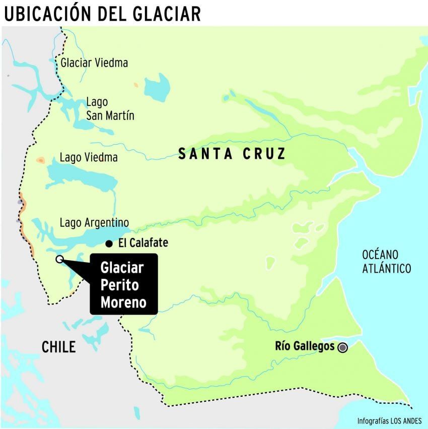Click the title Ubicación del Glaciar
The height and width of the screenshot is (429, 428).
[102, 13]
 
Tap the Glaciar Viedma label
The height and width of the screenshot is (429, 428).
[94, 63]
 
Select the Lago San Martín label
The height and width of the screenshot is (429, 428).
[110, 108]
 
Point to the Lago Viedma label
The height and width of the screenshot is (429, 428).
[89, 157]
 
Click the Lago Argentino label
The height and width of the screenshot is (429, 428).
[94, 222]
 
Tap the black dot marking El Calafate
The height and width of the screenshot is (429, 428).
[109, 244]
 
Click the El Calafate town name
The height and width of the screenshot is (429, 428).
[143, 243]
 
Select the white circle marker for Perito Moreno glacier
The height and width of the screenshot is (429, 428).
[59, 259]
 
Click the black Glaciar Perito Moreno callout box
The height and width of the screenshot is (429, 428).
[124, 284]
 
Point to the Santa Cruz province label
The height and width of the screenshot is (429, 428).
[232, 154]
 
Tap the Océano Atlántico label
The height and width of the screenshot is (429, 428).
[387, 261]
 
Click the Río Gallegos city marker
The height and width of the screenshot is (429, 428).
[343, 347]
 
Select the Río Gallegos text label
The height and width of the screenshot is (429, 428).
[305, 346]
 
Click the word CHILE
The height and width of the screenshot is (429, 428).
[58, 347]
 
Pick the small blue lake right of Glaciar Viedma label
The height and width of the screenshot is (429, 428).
[157, 86]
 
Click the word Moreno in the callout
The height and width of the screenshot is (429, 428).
[123, 302]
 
